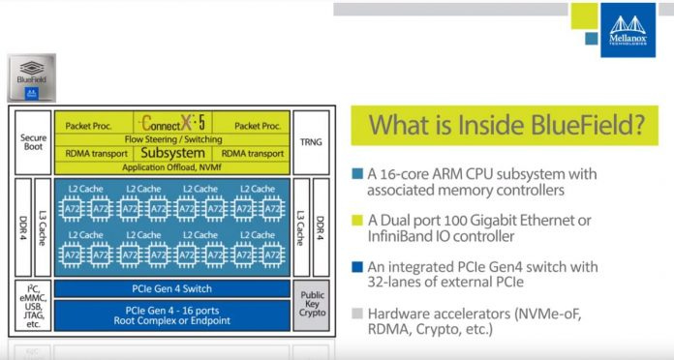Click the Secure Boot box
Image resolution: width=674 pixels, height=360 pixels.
click(33, 143)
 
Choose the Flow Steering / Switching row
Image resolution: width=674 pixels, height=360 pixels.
click(172, 138)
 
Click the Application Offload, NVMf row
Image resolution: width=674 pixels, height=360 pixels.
click(172, 165)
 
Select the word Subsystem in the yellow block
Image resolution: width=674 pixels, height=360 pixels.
click(172, 152)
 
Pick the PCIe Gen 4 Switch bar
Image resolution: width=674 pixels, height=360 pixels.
click(171, 288)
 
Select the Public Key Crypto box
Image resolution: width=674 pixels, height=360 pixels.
click(309, 305)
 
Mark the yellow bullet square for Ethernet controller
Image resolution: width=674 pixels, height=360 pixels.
click(359, 220)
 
